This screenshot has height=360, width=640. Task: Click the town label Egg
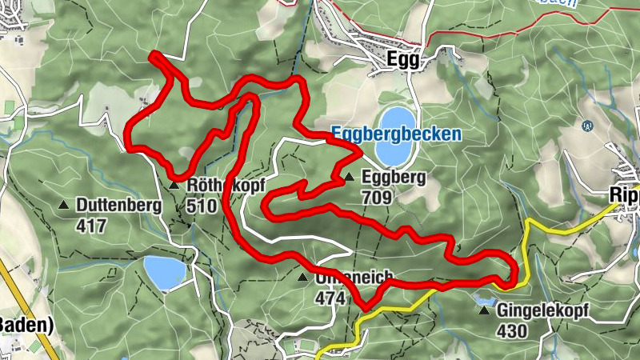click(402, 60)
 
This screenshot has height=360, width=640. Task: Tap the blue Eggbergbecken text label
click(397, 134)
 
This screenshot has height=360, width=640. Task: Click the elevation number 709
click(376, 197)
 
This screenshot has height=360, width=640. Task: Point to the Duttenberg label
click(119, 205)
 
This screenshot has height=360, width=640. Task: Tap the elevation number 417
click(92, 226)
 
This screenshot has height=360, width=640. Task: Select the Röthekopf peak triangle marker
click(174, 186)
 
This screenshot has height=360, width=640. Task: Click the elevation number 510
click(201, 205)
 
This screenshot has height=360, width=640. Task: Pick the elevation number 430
click(512, 330)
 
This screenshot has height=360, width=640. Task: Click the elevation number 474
click(330, 298)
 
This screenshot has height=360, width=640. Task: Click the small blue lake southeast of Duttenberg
click(165, 273)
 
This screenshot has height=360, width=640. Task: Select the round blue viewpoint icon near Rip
click(587, 126)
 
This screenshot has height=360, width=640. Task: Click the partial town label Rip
click(623, 195)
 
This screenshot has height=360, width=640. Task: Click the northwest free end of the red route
click(153, 54)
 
